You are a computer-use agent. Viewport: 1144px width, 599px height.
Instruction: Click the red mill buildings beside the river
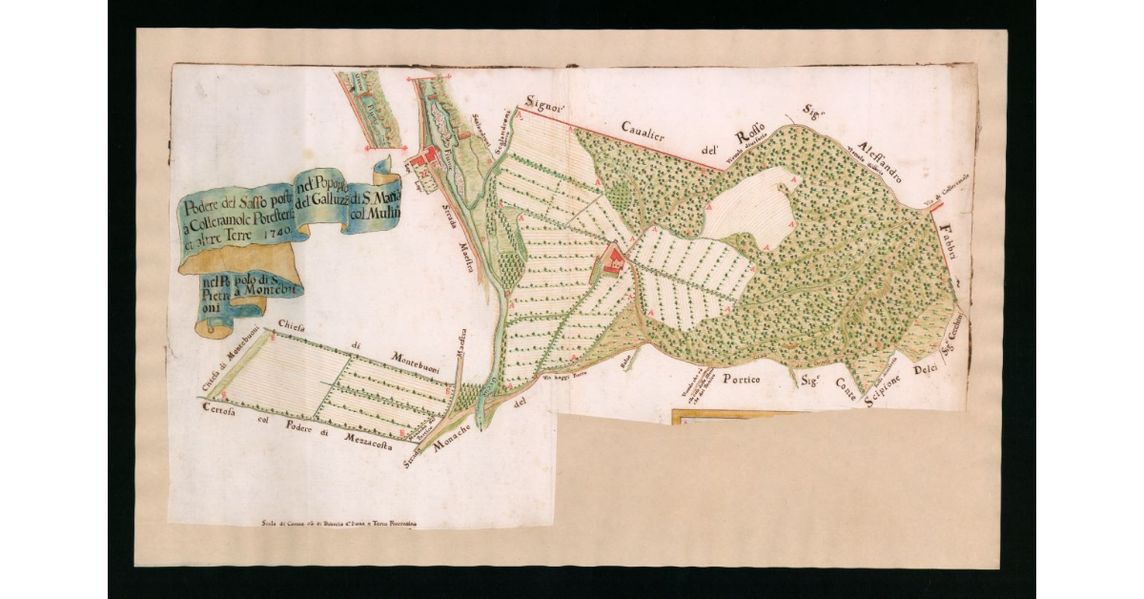pos(426,156)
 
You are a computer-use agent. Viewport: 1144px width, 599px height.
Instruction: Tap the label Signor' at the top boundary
pos(545,106)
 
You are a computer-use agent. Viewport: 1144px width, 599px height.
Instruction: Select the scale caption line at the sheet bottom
pos(338,524)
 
